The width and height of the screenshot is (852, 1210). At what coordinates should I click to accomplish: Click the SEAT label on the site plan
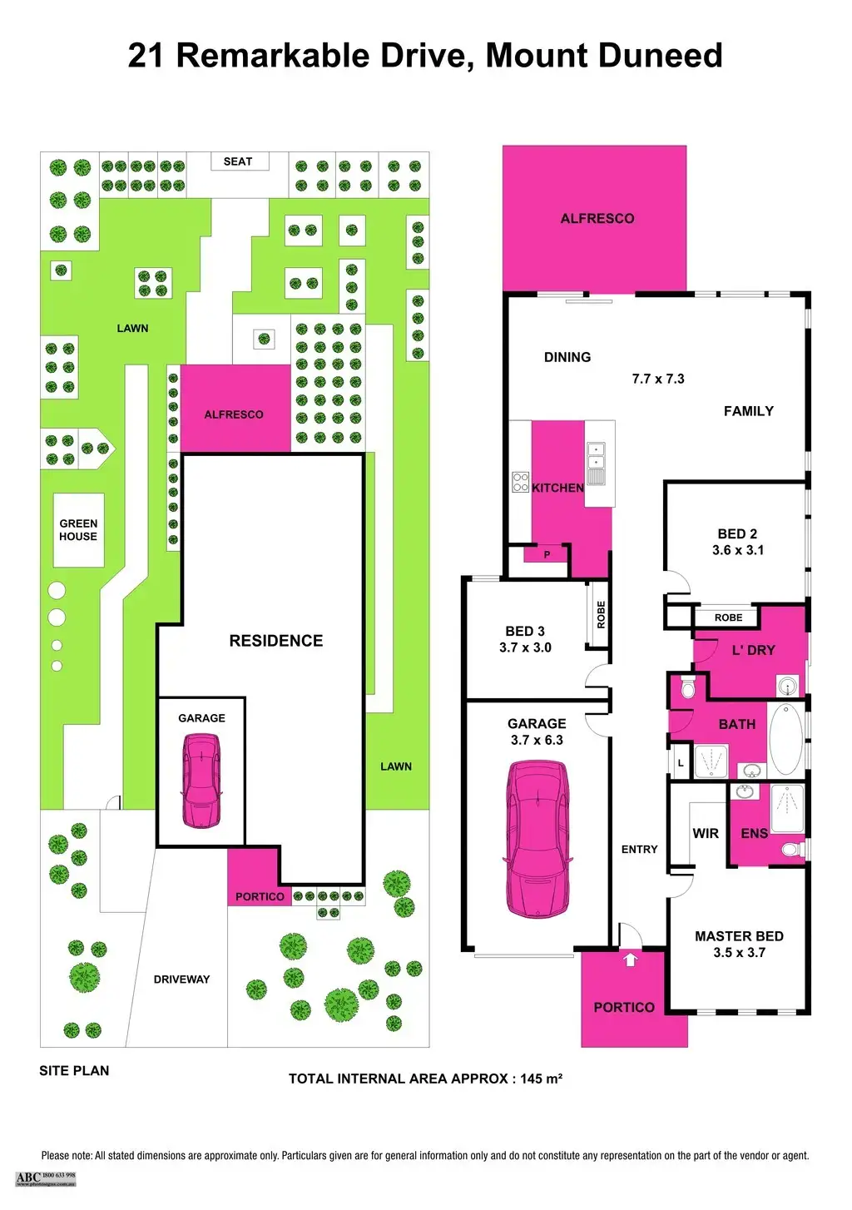(x=238, y=161)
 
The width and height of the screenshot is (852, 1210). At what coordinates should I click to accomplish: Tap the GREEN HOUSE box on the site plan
(x=78, y=530)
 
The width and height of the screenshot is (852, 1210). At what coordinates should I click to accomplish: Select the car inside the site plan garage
(x=201, y=780)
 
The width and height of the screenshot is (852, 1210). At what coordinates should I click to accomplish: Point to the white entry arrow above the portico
(x=630, y=959)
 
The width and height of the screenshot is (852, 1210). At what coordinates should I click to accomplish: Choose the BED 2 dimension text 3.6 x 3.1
(x=738, y=550)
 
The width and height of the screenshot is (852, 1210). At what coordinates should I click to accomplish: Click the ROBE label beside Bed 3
(x=602, y=614)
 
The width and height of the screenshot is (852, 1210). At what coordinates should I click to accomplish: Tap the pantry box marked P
(x=547, y=554)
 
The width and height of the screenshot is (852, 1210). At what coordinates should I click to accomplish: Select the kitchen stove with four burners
(x=520, y=482)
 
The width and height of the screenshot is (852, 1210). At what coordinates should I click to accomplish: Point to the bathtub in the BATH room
(x=785, y=739)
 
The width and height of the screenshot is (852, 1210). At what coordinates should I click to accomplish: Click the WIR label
(x=706, y=833)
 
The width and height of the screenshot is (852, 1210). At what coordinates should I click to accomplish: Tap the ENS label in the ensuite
(x=754, y=833)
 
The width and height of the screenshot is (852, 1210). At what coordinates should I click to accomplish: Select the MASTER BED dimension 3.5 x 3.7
(x=739, y=953)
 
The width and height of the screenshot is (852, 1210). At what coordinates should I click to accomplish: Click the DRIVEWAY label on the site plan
(x=181, y=979)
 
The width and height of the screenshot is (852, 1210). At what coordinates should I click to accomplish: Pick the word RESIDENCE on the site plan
(x=276, y=641)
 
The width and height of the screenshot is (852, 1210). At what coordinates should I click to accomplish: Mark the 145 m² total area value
(x=541, y=1079)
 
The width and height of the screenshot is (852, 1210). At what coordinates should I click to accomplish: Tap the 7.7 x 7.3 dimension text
(x=658, y=379)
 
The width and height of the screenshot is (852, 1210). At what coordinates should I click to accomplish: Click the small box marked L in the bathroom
(x=681, y=763)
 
